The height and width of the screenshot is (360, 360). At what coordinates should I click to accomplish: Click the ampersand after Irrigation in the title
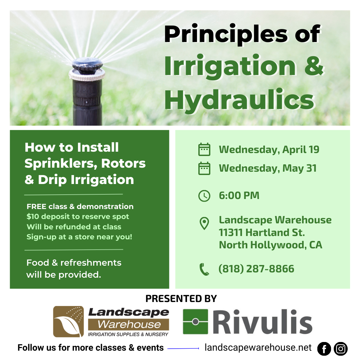tap(314, 65)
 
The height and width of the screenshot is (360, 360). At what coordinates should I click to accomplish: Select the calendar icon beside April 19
tap(204, 149)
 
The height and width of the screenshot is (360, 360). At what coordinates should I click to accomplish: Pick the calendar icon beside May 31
tap(204, 168)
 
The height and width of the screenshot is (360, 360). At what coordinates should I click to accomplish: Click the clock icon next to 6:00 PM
tap(204, 196)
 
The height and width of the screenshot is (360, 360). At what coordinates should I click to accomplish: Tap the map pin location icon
tap(204, 223)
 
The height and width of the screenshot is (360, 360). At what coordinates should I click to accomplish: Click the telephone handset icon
tap(204, 269)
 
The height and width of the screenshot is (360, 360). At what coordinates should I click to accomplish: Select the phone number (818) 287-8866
tap(256, 269)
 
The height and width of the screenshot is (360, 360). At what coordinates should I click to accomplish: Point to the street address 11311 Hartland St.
tap(262, 232)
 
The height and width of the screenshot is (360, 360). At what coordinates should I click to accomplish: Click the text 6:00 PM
tap(239, 196)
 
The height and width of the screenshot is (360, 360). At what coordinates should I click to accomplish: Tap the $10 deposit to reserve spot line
tap(78, 217)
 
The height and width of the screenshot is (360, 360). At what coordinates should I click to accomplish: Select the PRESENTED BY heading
tap(181, 298)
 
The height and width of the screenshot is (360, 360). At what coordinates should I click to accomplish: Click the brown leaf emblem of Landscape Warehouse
tap(68, 321)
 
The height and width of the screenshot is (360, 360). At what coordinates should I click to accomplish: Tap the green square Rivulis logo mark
tap(195, 321)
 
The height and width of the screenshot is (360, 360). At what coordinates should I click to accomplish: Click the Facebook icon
tap(324, 349)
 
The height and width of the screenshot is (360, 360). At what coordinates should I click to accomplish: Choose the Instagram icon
tap(341, 349)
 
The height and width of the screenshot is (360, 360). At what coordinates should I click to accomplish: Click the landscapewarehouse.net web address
tap(258, 348)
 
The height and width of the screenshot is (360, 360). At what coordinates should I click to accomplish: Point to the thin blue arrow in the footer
tap(183, 349)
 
